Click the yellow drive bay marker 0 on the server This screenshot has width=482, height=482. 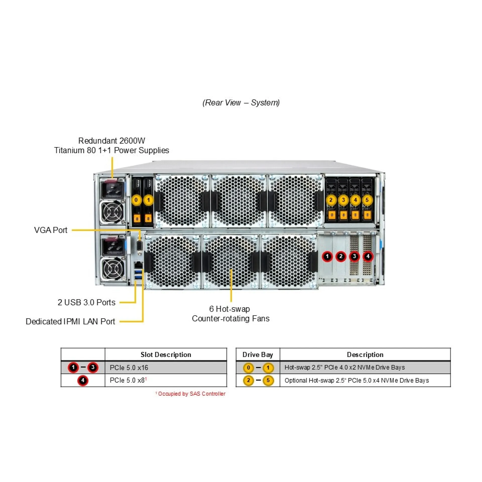click(x=136, y=200)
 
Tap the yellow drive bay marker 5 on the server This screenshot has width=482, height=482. click(x=367, y=200)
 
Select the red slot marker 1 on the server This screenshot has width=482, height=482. click(x=327, y=256)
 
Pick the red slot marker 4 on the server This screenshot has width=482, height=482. click(x=368, y=256)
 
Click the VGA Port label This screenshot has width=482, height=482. click(x=51, y=230)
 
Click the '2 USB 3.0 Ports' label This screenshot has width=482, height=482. click(x=87, y=302)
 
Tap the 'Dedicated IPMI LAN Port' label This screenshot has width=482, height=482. click(x=70, y=322)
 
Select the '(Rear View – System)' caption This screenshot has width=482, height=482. click(x=241, y=103)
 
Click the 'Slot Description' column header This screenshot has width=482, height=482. click(x=166, y=354)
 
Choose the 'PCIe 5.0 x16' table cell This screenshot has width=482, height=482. click(x=129, y=368)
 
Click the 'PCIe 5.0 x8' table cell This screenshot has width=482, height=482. click(x=128, y=380)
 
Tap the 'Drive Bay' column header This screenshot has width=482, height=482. click(x=258, y=354)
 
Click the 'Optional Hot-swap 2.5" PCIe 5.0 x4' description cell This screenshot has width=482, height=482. click(x=356, y=380)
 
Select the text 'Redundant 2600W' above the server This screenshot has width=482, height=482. click(x=112, y=141)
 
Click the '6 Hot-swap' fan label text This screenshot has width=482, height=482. click(x=229, y=309)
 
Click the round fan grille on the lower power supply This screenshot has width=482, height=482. click(x=112, y=269)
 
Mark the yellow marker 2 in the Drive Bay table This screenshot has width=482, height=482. click(x=248, y=380)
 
